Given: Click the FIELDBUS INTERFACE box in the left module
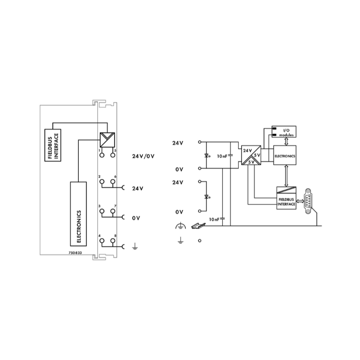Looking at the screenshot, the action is pos(53,145).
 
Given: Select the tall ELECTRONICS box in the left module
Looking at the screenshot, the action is pos(78,214).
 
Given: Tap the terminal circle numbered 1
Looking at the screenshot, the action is pos(102,155).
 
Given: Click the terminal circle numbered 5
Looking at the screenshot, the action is pos(112,155).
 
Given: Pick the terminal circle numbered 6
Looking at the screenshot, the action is pos(112,181).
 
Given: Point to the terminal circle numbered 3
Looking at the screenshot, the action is pos(102,211).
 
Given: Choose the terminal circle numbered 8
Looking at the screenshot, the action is pos(112,240).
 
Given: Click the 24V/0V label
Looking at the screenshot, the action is pos(143,156).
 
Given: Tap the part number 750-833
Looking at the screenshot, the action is pos(75,253).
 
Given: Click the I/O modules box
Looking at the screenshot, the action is pos(284,132).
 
